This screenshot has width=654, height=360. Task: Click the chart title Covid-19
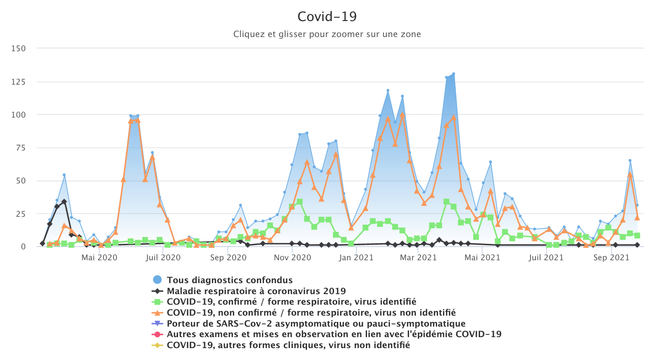tap(327, 16)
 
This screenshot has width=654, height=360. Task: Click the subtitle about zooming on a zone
tap(327, 34)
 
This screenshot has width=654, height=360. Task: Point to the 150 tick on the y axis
tap(18, 48)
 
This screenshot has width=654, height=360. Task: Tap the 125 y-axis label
tap(18, 82)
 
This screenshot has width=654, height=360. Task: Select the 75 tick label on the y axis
tap(20, 148)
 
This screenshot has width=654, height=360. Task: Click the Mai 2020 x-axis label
tap(99, 258)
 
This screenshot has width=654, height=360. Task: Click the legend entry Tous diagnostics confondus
tap(229, 280)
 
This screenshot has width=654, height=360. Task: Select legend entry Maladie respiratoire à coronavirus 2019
tap(256, 291)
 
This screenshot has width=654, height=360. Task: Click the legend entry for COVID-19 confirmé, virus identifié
tap(291, 302)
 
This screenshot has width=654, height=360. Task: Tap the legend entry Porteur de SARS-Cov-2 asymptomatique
tap(316, 324)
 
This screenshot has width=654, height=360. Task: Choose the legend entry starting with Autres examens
tap(334, 334)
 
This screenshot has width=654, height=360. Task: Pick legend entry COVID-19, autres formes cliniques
tap(288, 345)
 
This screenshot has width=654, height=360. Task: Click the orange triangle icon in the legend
tap(157, 313)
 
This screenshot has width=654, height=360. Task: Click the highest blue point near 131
tap(454, 74)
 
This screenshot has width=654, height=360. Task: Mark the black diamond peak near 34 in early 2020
tap(64, 202)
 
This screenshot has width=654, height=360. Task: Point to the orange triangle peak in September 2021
tap(630, 174)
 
